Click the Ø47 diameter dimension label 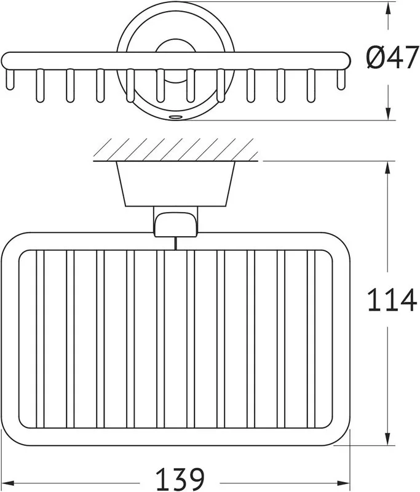392,57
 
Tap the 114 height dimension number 392,300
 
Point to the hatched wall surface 176,149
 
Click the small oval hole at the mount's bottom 175,117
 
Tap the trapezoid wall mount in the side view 176,184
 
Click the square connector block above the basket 176,222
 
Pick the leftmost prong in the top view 10,79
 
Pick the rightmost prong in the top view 341,79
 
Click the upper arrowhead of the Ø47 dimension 388,8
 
